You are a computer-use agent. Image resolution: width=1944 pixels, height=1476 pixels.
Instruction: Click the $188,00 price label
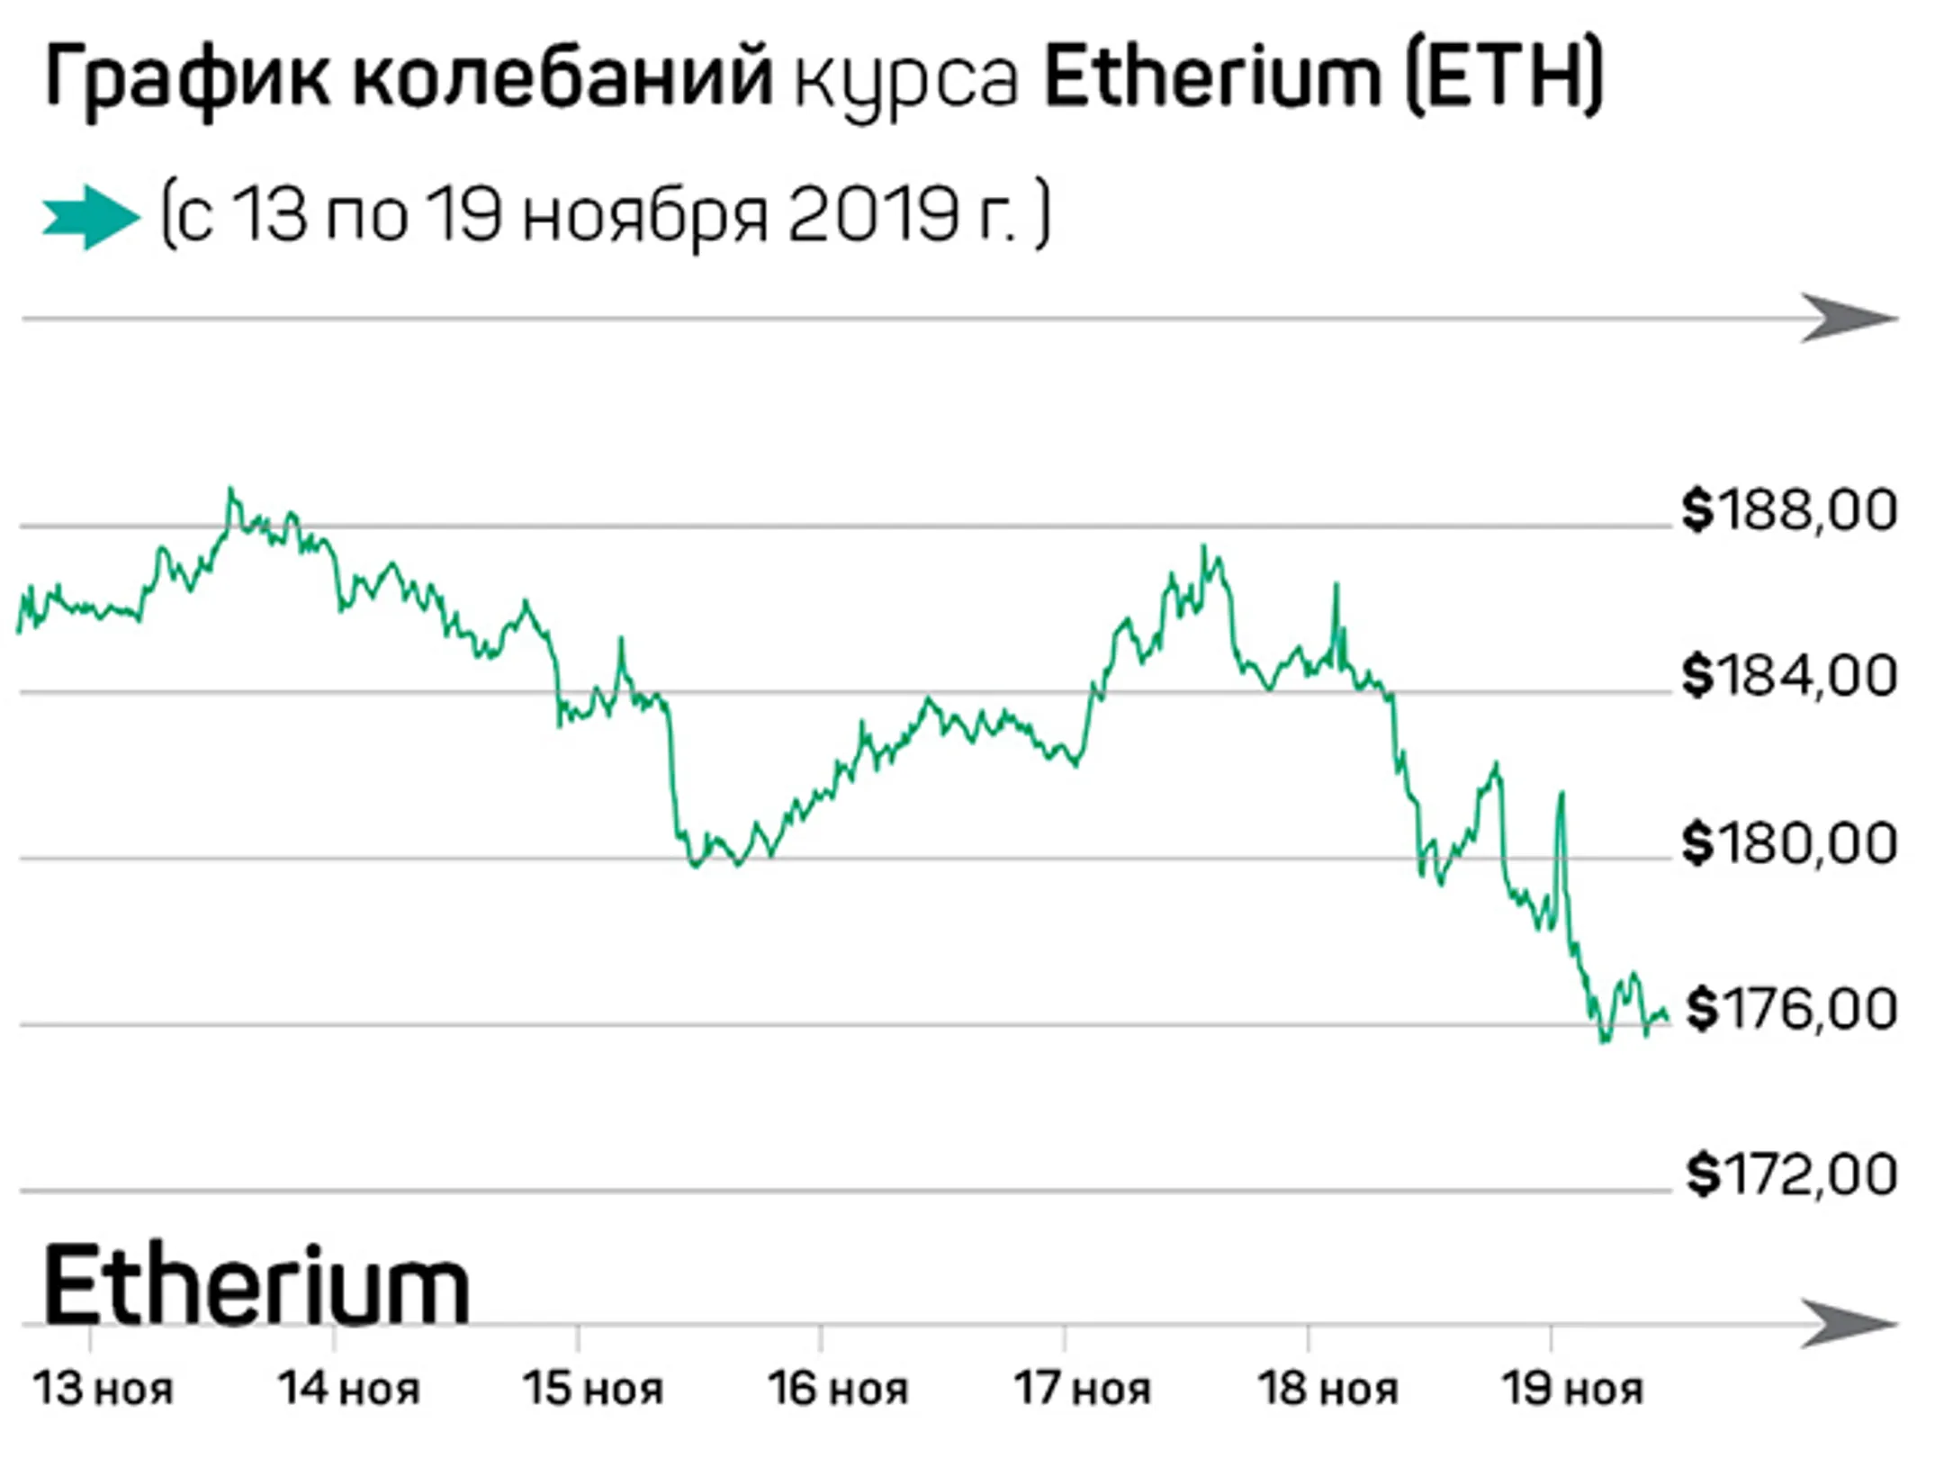1789,510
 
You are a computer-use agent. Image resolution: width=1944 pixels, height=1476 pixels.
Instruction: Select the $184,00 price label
1789,676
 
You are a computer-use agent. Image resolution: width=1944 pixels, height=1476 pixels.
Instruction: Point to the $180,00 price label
1789,843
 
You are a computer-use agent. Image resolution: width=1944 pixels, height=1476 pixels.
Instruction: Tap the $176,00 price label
1791,1009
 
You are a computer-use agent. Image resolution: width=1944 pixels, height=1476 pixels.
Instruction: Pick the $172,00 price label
1791,1174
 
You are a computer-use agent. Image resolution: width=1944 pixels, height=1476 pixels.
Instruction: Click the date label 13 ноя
103,1389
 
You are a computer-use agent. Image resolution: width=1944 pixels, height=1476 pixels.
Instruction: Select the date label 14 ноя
348,1389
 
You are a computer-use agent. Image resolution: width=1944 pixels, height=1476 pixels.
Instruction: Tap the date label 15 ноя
593,1389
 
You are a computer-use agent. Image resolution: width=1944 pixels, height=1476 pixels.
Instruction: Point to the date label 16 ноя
838,1389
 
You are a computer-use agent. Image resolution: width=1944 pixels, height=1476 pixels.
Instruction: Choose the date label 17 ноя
1083,1389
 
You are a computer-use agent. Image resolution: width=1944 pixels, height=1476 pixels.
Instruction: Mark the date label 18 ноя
1327,1389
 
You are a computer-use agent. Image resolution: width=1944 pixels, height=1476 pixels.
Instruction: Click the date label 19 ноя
1572,1389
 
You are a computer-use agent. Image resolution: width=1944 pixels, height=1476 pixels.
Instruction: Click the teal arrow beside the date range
90,217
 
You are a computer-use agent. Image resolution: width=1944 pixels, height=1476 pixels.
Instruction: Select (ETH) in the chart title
1503,79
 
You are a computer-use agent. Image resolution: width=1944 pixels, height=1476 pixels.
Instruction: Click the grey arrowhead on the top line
1849,319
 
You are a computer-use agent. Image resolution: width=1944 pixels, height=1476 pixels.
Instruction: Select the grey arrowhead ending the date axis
1849,1324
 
